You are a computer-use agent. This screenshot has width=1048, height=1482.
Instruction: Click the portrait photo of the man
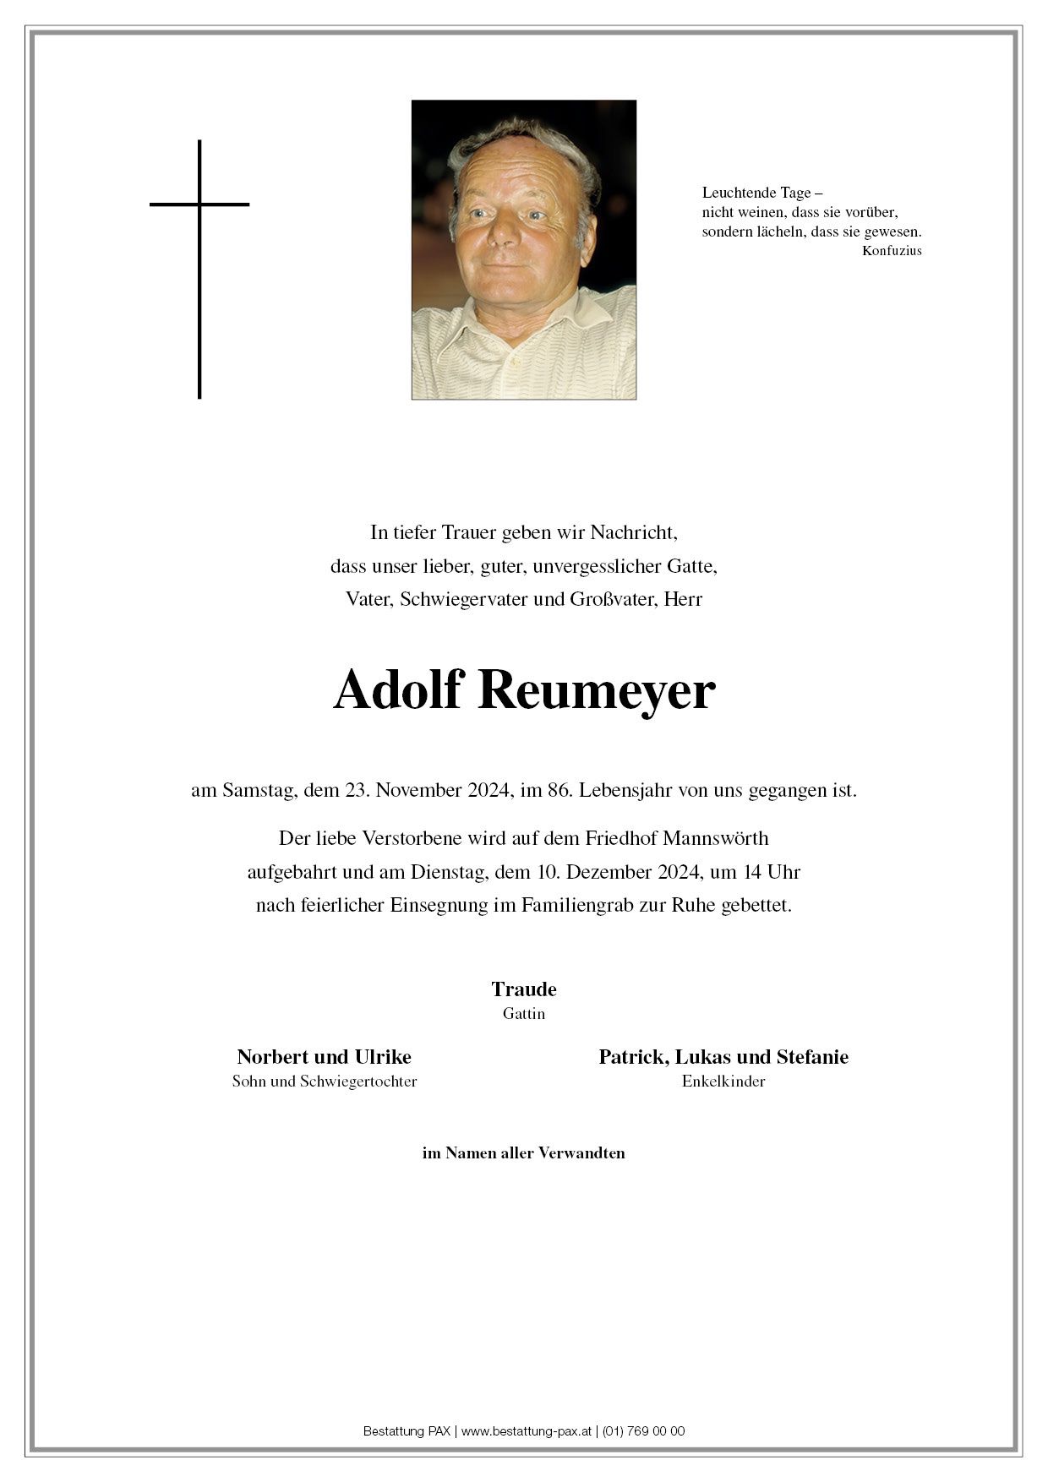pos(523,249)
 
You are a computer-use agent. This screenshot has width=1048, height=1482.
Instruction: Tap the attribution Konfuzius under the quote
pos(892,251)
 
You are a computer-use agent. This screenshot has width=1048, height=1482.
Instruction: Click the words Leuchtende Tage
pos(756,193)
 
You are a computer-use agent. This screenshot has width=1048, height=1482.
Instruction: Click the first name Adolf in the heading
pos(397,691)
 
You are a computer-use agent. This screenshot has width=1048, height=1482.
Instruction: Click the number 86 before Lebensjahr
pos(556,791)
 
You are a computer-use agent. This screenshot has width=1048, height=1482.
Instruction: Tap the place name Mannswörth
pos(716,838)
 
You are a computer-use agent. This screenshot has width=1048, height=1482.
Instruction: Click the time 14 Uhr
pos(772,872)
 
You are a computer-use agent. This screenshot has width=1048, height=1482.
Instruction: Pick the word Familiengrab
pos(573,905)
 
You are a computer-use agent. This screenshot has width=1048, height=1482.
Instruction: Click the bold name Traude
pos(524,989)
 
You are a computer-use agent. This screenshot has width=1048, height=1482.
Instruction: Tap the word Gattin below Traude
pos(524,1014)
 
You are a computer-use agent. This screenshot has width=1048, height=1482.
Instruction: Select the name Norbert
pos(273,1057)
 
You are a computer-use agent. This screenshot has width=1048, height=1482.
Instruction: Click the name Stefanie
pos(812,1057)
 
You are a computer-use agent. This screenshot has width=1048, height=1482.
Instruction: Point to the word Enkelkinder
pos(723,1082)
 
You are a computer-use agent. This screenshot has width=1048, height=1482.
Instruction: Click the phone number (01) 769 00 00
pos(644,1431)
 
